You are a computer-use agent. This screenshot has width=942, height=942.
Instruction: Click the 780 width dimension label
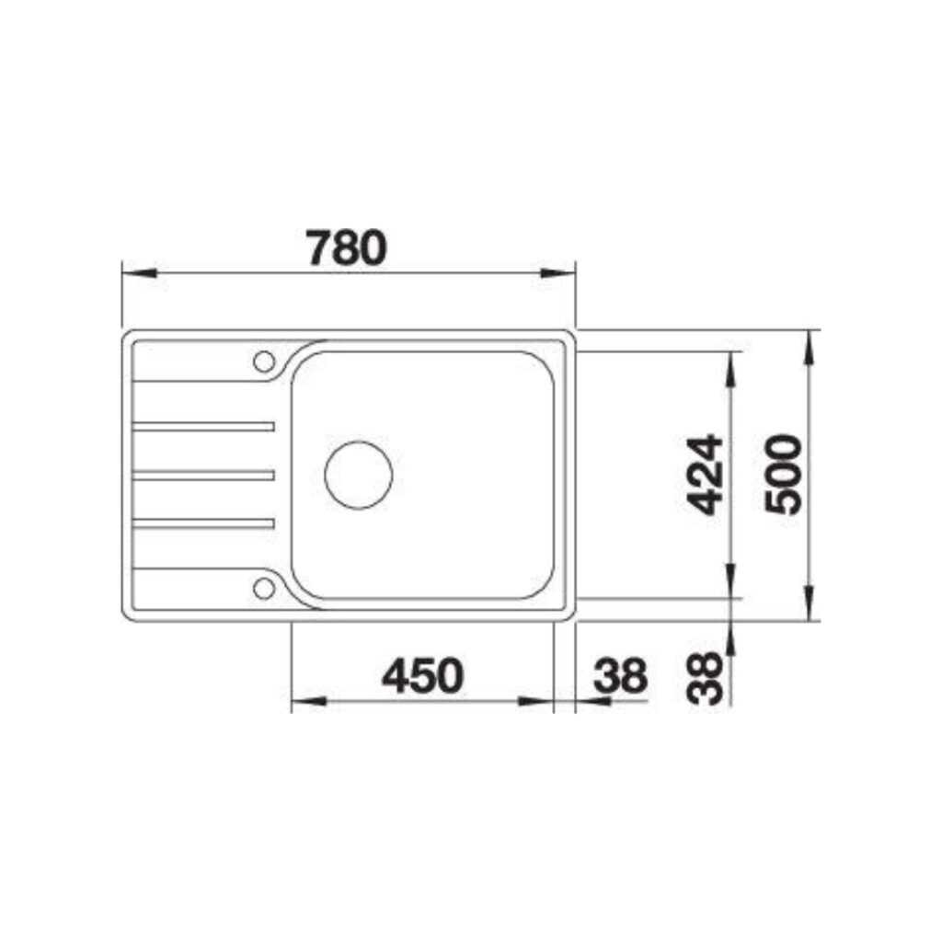[345, 247]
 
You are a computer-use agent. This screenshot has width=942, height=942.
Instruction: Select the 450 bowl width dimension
[422, 678]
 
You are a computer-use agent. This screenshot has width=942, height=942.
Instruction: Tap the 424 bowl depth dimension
[707, 474]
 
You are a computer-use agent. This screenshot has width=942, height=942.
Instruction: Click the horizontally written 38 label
[620, 678]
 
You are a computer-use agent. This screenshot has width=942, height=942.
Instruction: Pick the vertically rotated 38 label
[707, 678]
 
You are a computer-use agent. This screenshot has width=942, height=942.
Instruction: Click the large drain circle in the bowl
[359, 475]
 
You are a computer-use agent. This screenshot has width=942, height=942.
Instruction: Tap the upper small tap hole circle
[264, 361]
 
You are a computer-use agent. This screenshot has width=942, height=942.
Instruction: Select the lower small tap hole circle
[264, 588]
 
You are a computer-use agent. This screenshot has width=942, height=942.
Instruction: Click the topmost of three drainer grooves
[204, 426]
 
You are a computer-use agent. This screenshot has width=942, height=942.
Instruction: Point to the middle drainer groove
[204, 475]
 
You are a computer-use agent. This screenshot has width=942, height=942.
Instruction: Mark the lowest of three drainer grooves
[204, 523]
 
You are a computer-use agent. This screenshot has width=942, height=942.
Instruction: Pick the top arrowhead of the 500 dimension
[810, 344]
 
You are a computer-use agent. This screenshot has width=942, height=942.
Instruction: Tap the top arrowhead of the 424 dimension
[731, 366]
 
